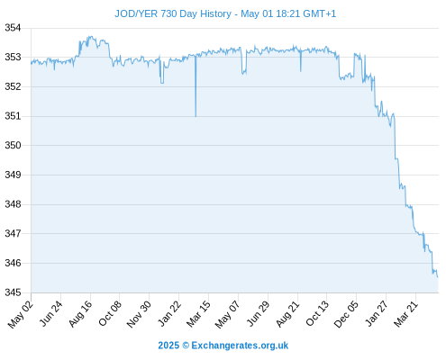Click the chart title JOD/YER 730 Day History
(173, 13)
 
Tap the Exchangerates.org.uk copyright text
(223, 346)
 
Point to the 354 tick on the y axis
(13, 28)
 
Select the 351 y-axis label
(13, 116)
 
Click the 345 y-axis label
(13, 292)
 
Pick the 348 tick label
(13, 204)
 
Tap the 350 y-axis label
(13, 146)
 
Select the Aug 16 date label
(80, 314)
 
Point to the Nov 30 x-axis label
(139, 314)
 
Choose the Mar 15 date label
(198, 314)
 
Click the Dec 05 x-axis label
(346, 314)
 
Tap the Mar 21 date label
(405, 314)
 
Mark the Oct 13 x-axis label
(317, 313)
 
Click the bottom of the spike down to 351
(196, 116)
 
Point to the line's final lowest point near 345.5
(438, 277)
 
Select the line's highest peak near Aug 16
(91, 37)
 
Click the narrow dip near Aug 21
(301, 71)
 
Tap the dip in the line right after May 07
(244, 73)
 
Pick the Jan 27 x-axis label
(376, 314)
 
